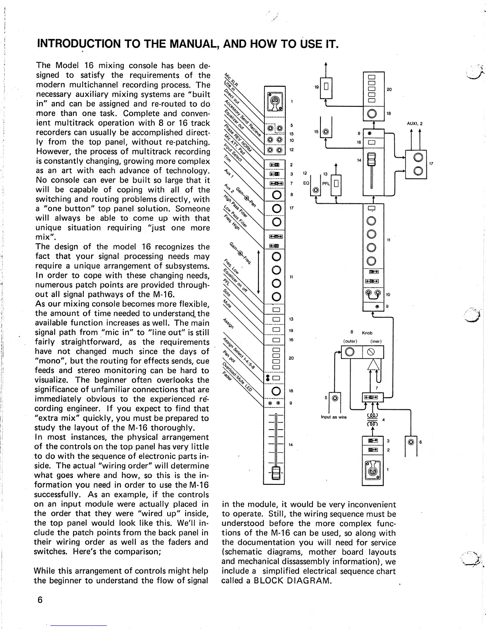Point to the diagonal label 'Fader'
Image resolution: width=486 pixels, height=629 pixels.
(227, 374)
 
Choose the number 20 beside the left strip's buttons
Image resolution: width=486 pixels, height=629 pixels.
(291, 358)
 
